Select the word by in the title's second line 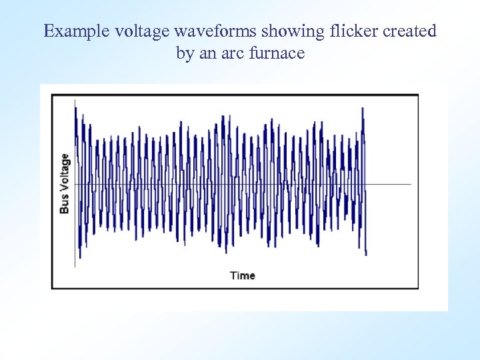pyautogui.click(x=185, y=53)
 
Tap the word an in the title pyautogui.click(x=207, y=53)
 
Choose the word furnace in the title pyautogui.click(x=276, y=53)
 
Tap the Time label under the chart pyautogui.click(x=243, y=275)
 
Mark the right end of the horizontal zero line pyautogui.click(x=411, y=184)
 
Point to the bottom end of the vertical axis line pyautogui.click(x=75, y=267)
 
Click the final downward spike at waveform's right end pyautogui.click(x=366, y=253)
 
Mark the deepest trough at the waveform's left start pyautogui.click(x=79, y=257)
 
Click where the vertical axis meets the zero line pyautogui.click(x=75, y=184)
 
